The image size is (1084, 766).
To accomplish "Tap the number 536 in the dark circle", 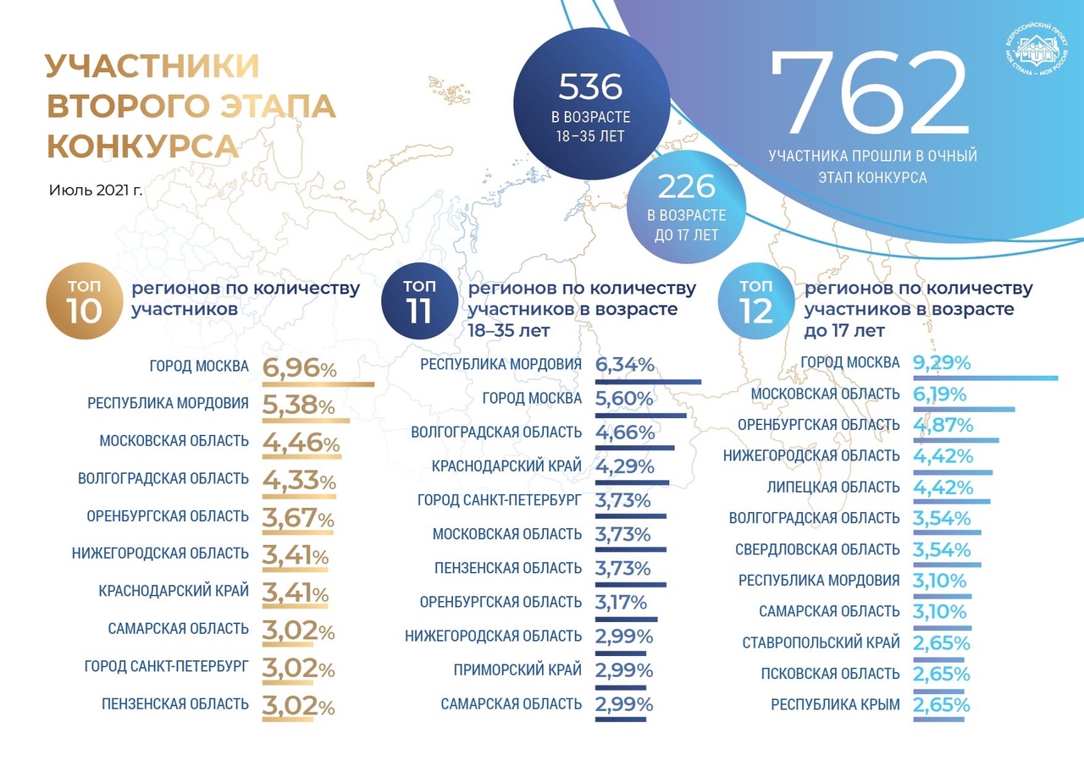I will coord(590,86).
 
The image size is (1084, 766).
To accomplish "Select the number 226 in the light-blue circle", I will coord(687,186).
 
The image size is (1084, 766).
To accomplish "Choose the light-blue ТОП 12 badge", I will coord(755,300).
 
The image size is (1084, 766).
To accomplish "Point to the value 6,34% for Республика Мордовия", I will coord(625,365).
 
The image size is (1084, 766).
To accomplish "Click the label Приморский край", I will coord(518,670).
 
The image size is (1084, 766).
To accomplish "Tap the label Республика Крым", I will coord(835,704).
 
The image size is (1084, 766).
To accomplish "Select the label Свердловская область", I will coord(817,549).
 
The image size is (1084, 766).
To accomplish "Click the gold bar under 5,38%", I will coord(306,421).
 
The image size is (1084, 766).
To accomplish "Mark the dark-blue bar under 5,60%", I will coord(641,416).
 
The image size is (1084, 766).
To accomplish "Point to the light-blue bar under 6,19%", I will coord(964,410).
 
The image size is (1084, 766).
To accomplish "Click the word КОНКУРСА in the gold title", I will coord(142,146).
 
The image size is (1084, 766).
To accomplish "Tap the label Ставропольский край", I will coord(821,642).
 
